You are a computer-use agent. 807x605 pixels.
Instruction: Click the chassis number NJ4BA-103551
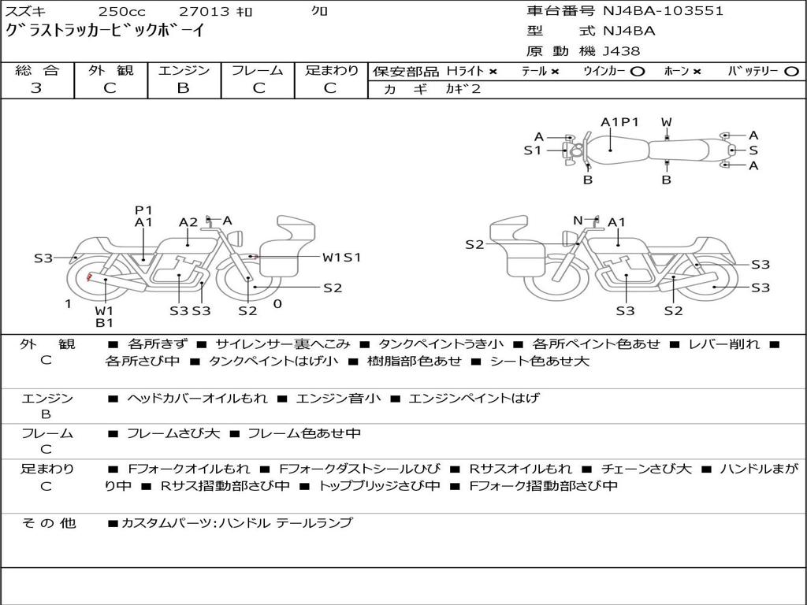[663, 11]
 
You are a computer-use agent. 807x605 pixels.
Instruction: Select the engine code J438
[622, 51]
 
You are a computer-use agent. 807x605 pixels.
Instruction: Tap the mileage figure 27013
[204, 12]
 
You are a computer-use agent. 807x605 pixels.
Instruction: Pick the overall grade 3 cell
[36, 88]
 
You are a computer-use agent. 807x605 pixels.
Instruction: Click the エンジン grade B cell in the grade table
[184, 88]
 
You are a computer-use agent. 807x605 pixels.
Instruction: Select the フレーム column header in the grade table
[257, 71]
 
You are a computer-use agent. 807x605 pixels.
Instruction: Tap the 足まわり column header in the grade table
[331, 71]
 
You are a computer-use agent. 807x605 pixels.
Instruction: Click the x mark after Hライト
[493, 72]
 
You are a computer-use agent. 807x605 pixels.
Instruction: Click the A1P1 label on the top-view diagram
[619, 122]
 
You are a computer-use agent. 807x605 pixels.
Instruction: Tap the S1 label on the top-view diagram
[533, 150]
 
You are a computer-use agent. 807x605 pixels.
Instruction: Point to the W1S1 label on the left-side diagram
[341, 257]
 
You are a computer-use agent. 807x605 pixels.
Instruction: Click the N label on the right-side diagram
[578, 221]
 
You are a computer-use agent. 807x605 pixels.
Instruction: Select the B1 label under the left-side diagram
[105, 322]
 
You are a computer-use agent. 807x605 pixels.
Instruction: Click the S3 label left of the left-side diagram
[43, 258]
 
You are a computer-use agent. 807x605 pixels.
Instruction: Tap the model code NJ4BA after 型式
[628, 32]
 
